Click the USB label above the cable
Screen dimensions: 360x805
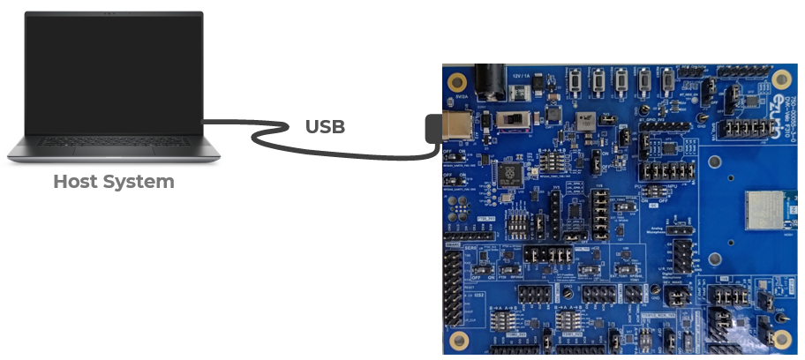coord(325,126)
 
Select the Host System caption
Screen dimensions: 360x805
coord(113,182)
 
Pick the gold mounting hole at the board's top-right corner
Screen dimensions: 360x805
coord(779,79)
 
